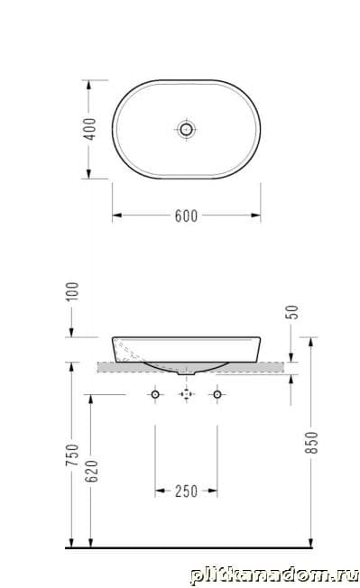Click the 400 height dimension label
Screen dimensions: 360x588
coord(89,129)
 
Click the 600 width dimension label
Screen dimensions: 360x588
coord(186,216)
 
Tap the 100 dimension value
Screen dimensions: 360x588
coord(72,291)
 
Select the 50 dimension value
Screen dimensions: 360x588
coord(293,312)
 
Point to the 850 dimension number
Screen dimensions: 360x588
coord(311,443)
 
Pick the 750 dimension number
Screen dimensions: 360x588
coord(72,455)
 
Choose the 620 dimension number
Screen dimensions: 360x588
coord(91,471)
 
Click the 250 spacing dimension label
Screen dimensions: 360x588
coord(186,492)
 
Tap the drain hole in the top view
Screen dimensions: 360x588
coord(186,130)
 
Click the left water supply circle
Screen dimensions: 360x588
coord(155,394)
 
